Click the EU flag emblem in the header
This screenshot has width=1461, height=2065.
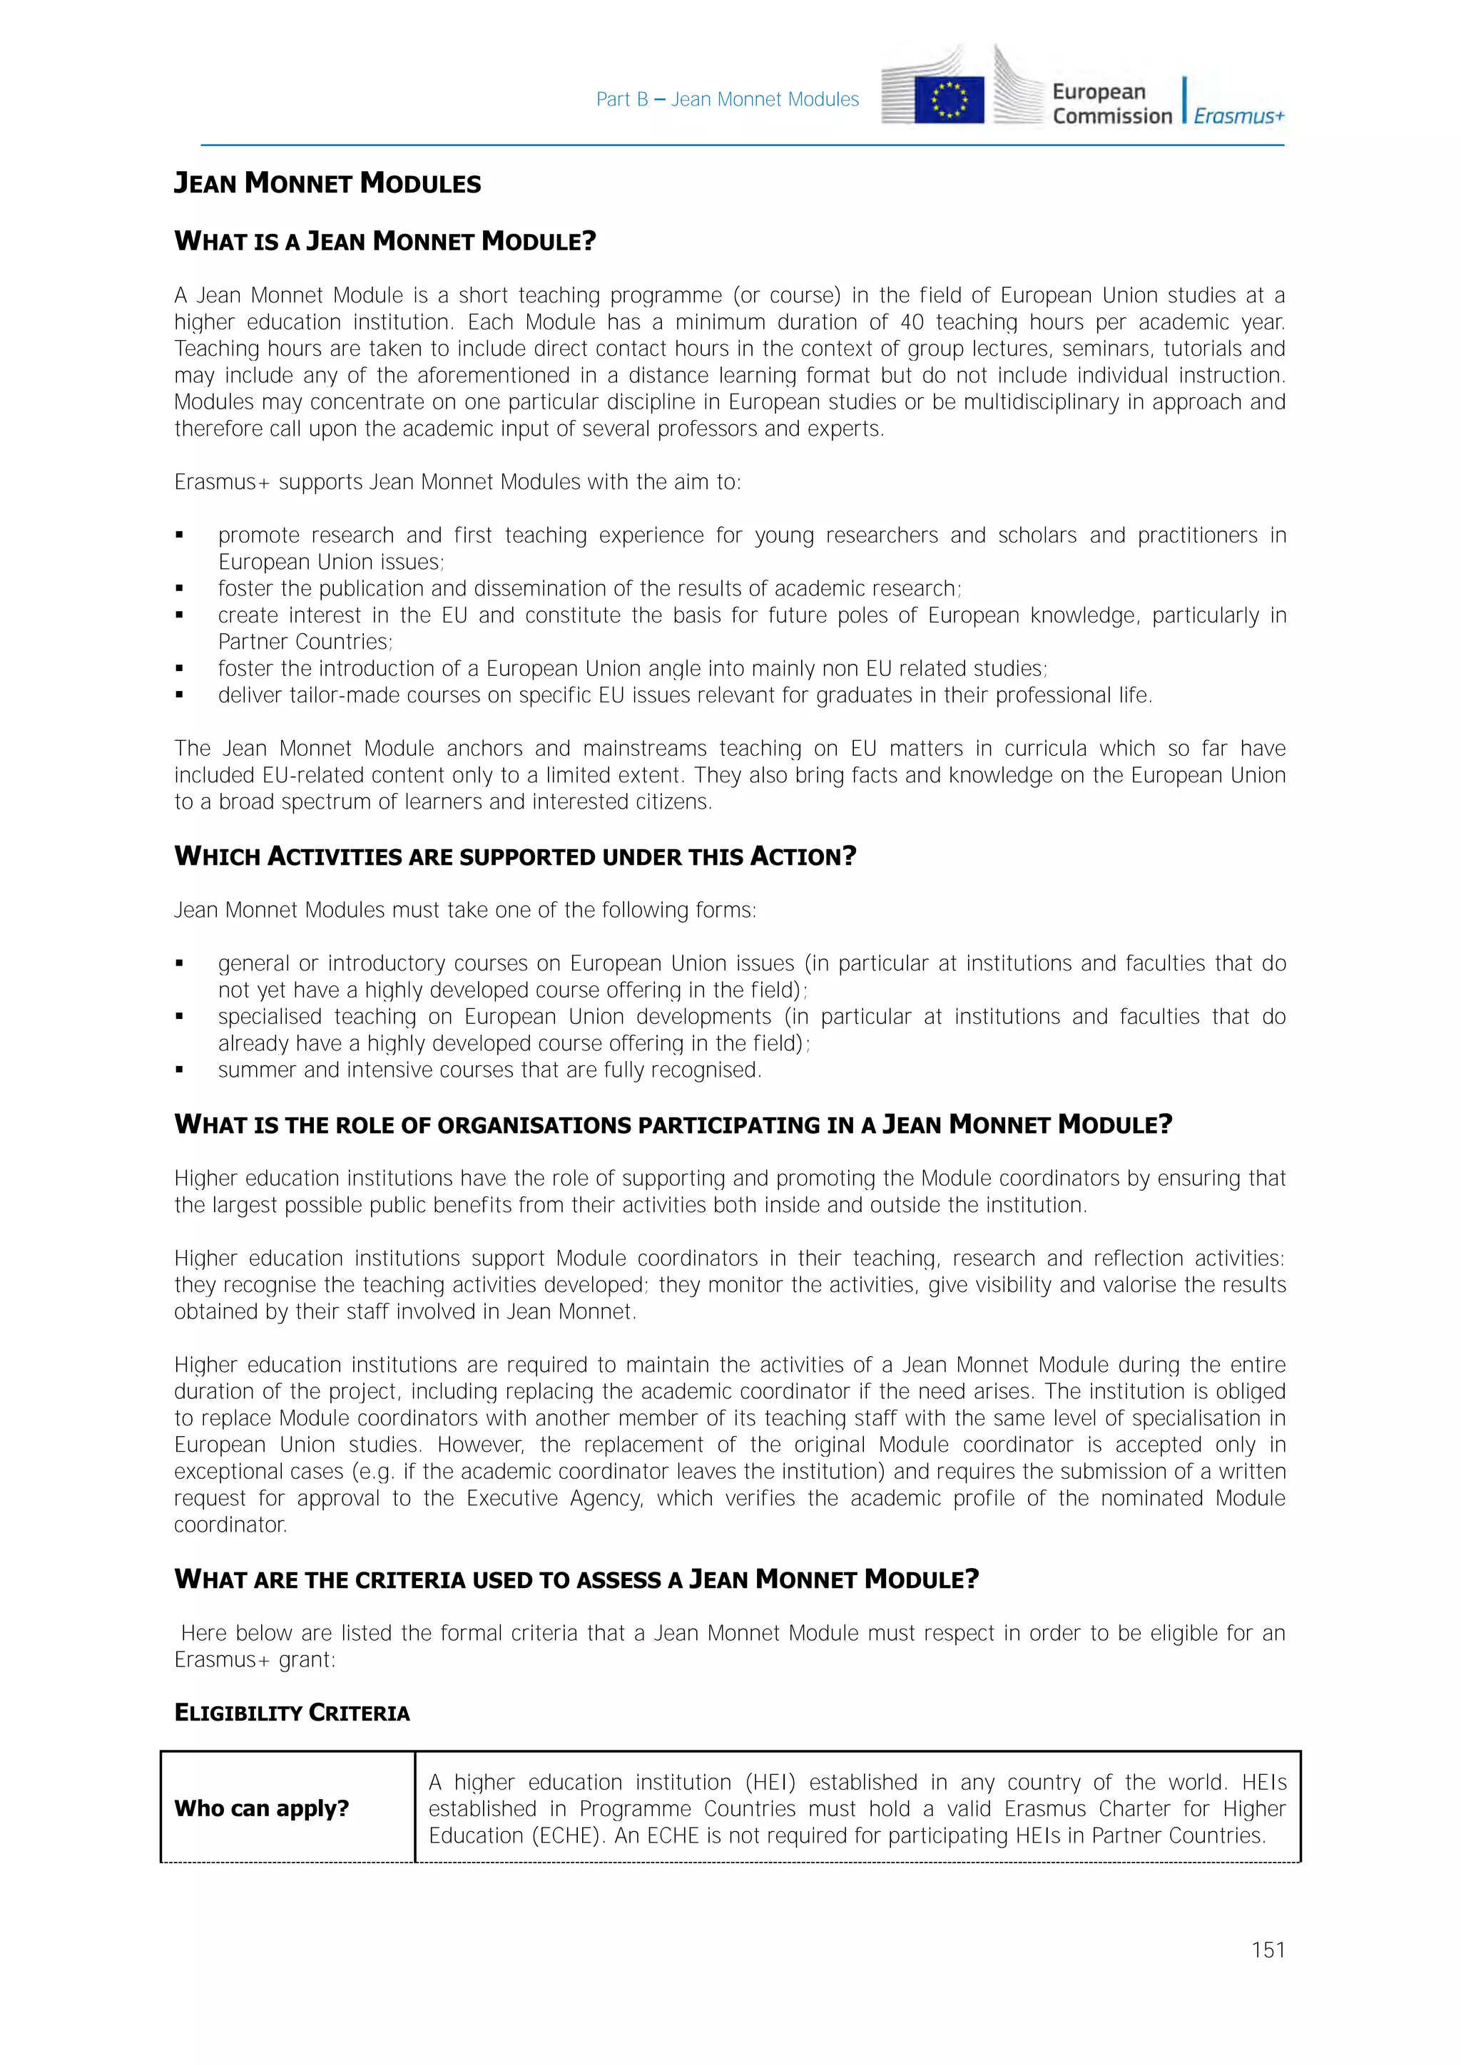[948, 99]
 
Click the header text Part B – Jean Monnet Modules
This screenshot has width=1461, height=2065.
[727, 100]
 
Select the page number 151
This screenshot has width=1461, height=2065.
[1268, 1950]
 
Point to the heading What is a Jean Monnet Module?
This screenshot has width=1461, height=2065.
[385, 241]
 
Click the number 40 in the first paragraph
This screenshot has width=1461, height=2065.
[912, 322]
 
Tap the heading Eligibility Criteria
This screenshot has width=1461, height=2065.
[292, 1713]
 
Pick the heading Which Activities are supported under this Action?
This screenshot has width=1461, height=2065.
[514, 856]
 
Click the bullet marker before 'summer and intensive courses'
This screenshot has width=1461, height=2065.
[180, 1070]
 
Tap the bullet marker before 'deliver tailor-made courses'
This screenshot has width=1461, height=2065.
[180, 695]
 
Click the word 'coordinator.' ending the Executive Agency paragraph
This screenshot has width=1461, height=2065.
[230, 1525]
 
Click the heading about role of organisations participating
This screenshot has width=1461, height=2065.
[673, 1124]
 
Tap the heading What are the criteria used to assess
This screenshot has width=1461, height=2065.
[576, 1579]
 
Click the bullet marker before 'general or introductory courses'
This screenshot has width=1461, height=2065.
[180, 963]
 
